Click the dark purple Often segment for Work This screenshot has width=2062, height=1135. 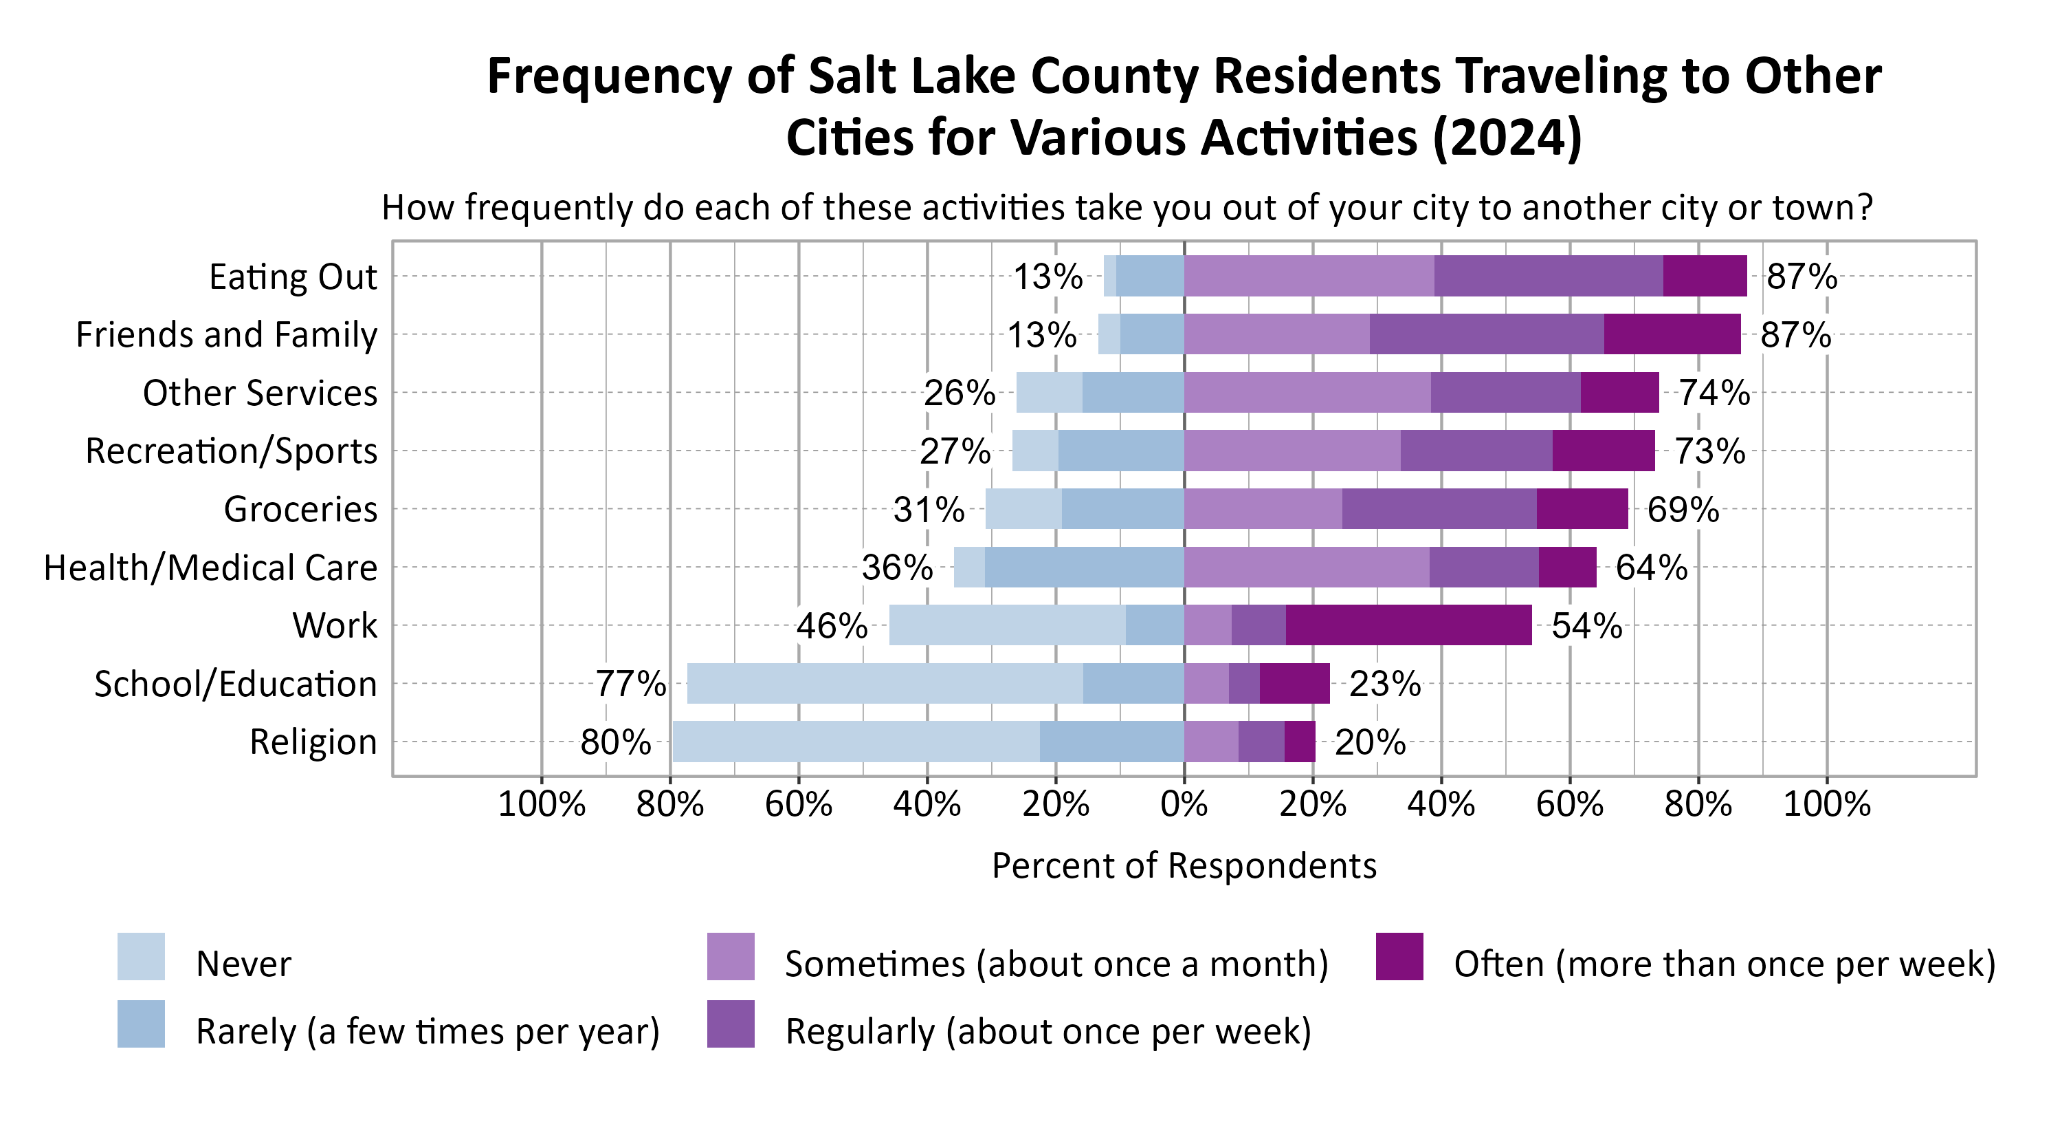[x=1409, y=625]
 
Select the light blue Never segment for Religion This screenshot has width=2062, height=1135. [x=856, y=741]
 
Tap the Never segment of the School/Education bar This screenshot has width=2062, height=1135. [x=885, y=683]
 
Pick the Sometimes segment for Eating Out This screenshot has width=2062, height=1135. [x=1309, y=276]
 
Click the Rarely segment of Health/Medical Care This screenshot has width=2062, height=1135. [x=1084, y=567]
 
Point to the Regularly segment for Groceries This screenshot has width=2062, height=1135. [x=1439, y=508]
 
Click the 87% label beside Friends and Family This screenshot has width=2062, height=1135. [x=1795, y=335]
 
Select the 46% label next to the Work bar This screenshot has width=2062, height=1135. [x=831, y=625]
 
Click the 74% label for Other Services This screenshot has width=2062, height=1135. [x=1714, y=393]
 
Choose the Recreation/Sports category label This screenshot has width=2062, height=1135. [x=232, y=451]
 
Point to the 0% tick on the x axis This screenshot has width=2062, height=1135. [x=1184, y=803]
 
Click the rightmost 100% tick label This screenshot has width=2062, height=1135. [x=1827, y=803]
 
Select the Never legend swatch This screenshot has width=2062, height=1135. [x=141, y=956]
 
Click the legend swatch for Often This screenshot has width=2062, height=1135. [x=1399, y=956]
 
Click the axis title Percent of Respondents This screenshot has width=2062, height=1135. [x=1184, y=866]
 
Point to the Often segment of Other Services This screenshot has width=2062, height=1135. [x=1619, y=393]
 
